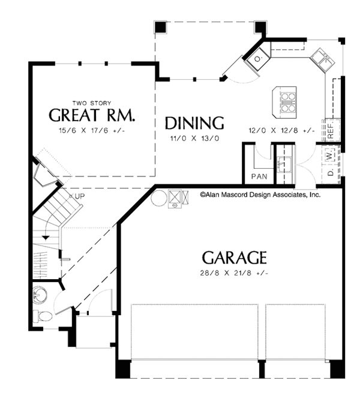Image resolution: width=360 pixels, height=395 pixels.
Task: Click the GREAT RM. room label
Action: pyautogui.click(x=92, y=115)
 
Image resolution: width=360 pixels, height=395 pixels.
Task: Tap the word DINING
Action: pyautogui.click(x=194, y=123)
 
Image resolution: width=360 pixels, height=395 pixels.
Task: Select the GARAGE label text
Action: pyautogui.click(x=235, y=258)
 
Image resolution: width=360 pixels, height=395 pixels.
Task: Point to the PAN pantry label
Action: pyautogui.click(x=259, y=176)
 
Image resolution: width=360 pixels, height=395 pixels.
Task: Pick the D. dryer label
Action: pyautogui.click(x=331, y=172)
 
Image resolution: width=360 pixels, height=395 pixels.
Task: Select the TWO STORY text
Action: pyautogui.click(x=92, y=103)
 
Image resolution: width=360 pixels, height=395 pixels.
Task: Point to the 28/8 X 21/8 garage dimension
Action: pyautogui.click(x=234, y=273)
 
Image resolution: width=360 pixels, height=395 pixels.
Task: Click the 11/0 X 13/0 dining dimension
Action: pyautogui.click(x=194, y=138)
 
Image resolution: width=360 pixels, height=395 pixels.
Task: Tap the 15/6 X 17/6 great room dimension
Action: pyautogui.click(x=92, y=131)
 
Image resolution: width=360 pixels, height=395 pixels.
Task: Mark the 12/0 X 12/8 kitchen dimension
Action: pyautogui.click(x=281, y=130)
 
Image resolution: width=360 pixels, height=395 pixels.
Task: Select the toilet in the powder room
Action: pyautogui.click(x=42, y=316)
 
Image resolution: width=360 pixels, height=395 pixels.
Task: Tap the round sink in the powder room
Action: pyautogui.click(x=40, y=294)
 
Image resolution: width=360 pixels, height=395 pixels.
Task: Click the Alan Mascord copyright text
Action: pyautogui.click(x=260, y=194)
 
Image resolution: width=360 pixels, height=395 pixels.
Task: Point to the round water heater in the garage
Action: pyautogui.click(x=159, y=198)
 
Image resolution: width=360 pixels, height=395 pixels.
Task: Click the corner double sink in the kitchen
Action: pyautogui.click(x=322, y=60)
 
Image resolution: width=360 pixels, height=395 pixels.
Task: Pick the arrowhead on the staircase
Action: pyautogui.click(x=46, y=238)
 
